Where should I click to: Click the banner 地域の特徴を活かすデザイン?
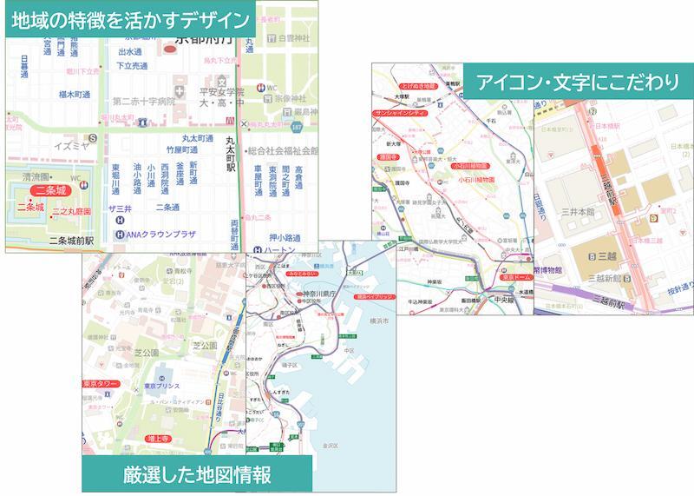click(x=130, y=19)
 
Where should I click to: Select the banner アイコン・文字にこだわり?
click(x=577, y=83)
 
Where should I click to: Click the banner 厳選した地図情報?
click(x=196, y=474)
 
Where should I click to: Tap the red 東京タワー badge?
click(x=101, y=383)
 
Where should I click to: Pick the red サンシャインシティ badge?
click(x=399, y=113)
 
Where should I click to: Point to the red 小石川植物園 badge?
click(x=471, y=164)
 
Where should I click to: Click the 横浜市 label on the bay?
click(x=380, y=321)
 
